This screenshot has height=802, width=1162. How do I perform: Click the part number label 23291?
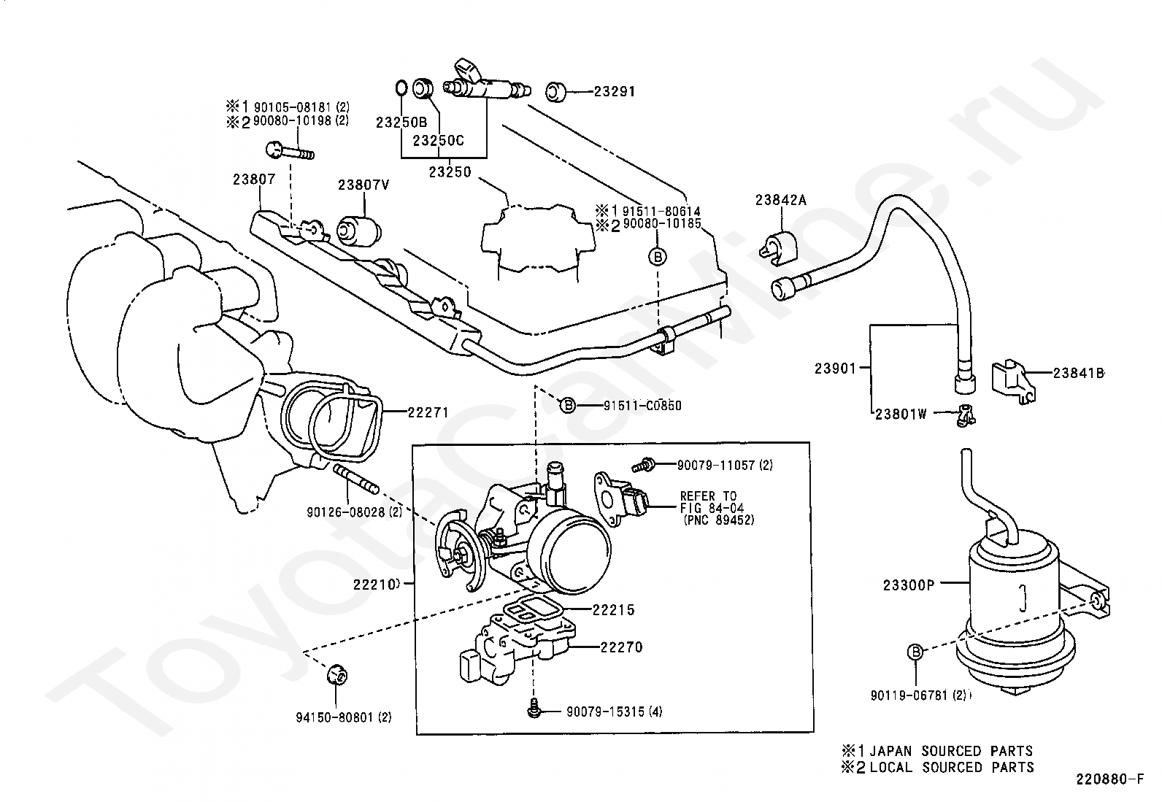[x=614, y=91]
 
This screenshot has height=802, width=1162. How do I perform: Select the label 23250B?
[x=401, y=123]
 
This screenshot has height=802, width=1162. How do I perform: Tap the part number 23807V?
[x=363, y=185]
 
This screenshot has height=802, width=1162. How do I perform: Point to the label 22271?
[x=428, y=412]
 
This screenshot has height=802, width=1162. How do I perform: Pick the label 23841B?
[x=1078, y=373]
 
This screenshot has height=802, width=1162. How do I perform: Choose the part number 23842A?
[x=781, y=200]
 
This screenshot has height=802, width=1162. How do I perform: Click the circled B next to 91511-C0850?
[x=568, y=405]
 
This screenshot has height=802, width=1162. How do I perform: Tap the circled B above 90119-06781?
[x=915, y=652]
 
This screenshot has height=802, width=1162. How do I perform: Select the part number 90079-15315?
[x=605, y=712]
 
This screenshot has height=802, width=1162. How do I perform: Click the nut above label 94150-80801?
[x=337, y=676]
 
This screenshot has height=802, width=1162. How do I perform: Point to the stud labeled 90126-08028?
[x=356, y=480]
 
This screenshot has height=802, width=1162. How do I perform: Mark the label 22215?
[x=614, y=609]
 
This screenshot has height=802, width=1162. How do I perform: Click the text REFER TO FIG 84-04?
[x=712, y=501]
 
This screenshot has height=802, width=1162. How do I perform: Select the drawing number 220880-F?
[x=1109, y=779]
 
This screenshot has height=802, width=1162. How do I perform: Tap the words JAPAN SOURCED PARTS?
[x=951, y=751]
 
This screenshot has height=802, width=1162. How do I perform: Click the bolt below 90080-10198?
[x=290, y=152]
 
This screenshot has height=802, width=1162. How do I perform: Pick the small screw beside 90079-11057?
[x=642, y=465]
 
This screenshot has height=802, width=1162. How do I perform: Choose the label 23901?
[x=835, y=369]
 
